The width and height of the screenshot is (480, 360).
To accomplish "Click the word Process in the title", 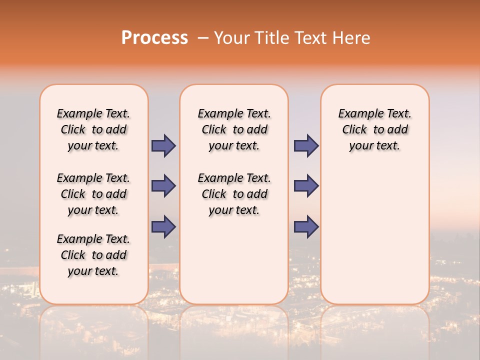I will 154,38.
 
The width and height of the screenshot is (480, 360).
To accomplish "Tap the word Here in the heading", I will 352,38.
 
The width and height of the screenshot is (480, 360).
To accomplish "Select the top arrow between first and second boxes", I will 163,145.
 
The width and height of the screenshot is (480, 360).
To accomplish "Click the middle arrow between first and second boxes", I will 163,186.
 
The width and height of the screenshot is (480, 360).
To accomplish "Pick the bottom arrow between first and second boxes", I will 163,226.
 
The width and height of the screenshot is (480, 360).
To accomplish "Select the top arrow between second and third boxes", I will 306,145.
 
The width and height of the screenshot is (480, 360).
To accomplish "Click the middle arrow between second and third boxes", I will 306,186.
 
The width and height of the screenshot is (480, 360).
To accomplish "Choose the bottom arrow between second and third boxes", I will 306,226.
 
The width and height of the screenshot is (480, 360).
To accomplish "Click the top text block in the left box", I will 93,129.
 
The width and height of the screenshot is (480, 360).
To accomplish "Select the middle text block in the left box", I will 93,194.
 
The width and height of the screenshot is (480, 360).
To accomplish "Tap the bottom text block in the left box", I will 93,255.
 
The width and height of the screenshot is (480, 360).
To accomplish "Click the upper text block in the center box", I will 234,129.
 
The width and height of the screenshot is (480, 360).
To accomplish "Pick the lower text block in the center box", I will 234,194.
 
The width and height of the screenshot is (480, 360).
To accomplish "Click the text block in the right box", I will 374,129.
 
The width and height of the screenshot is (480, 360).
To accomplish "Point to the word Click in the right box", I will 354,130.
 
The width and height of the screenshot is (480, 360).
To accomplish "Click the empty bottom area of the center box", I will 234,265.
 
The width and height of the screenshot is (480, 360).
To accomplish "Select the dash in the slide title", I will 203,38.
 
